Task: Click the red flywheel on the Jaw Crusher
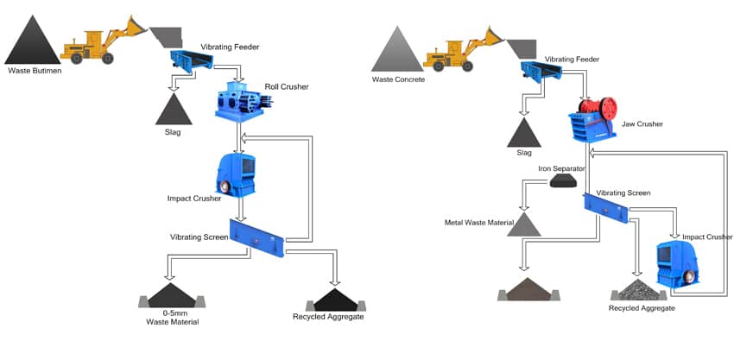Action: (608, 108)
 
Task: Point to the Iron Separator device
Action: (564, 180)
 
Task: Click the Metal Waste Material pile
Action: (523, 224)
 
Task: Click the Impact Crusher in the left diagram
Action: (235, 173)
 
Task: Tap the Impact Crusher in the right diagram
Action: (677, 262)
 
